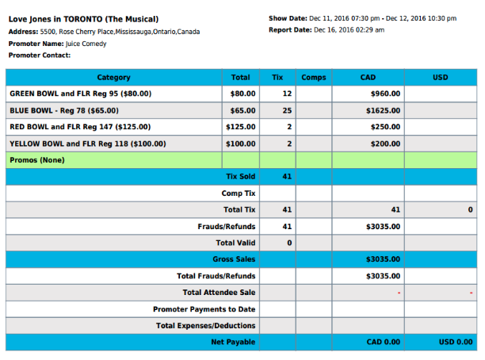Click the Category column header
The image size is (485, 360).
point(114,78)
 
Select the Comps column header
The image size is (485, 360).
point(314,78)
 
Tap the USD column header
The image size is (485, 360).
point(441,78)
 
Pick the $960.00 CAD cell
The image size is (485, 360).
point(384,94)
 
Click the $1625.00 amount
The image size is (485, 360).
point(383,110)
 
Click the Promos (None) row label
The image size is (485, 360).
point(37,160)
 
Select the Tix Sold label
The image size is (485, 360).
point(240,176)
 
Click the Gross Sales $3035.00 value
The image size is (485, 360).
point(383,259)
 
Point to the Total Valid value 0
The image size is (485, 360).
point(289,242)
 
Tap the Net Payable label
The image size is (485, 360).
point(233,342)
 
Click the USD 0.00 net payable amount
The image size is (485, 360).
point(456,342)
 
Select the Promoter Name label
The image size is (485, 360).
point(36,44)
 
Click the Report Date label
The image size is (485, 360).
point(289,30)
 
